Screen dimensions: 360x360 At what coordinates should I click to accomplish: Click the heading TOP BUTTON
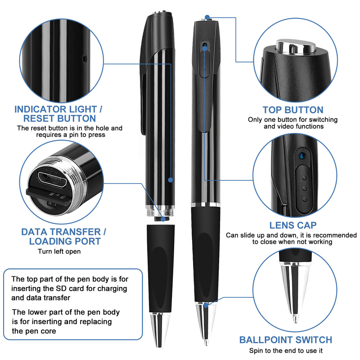tap(293, 110)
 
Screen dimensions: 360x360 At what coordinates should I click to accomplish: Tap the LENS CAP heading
tap(293, 225)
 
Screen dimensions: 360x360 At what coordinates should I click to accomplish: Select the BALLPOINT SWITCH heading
tap(285, 340)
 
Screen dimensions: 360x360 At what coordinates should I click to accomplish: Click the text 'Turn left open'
tap(59, 251)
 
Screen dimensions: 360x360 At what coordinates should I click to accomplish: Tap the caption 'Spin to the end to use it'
tap(285, 351)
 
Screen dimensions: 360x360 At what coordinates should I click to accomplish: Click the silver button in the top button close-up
tap(292, 46)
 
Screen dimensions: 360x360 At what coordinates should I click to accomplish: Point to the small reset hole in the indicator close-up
tap(85, 58)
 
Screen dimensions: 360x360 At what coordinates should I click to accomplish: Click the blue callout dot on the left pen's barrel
tap(170, 180)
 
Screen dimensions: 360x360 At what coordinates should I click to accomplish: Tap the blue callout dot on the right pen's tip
tap(206, 305)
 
